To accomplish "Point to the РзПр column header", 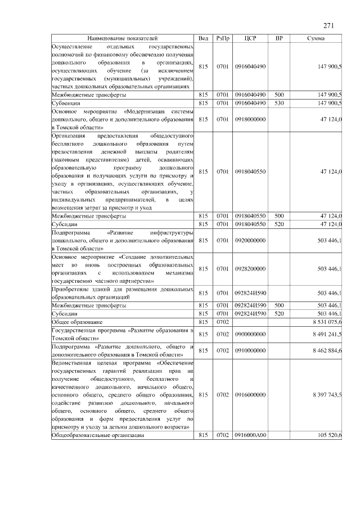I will click(x=223, y=38).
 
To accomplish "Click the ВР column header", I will click(x=279, y=38).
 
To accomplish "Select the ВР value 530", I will click(x=279, y=103).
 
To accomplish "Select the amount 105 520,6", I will click(x=329, y=436).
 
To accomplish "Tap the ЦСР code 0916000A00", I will click(x=251, y=436).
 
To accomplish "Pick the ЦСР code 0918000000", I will click(x=251, y=119).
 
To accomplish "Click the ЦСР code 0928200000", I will click(x=251, y=269).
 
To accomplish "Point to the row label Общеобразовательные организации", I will click(x=97, y=436).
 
